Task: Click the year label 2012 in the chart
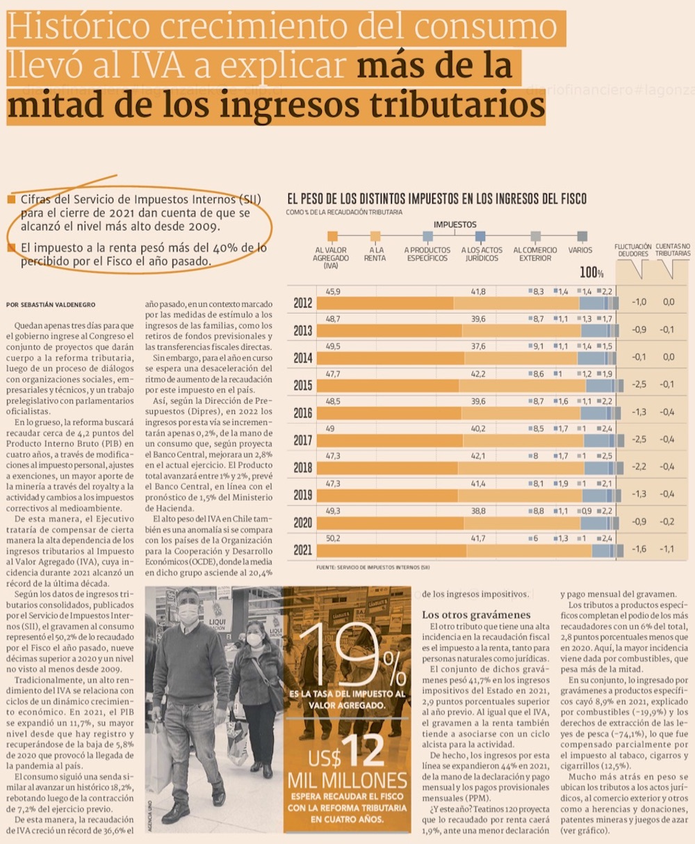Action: click(302, 303)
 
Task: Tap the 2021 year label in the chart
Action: click(302, 550)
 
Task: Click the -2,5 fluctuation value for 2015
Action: click(639, 384)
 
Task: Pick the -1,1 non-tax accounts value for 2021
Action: click(668, 549)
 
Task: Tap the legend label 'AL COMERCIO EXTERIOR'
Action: click(534, 254)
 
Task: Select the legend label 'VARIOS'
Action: click(580, 250)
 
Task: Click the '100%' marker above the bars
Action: click(591, 272)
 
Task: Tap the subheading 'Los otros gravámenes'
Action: click(476, 615)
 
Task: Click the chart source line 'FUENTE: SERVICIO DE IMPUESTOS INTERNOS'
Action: click(373, 568)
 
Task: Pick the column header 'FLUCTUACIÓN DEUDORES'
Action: click(632, 250)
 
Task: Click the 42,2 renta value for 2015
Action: click(478, 374)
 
